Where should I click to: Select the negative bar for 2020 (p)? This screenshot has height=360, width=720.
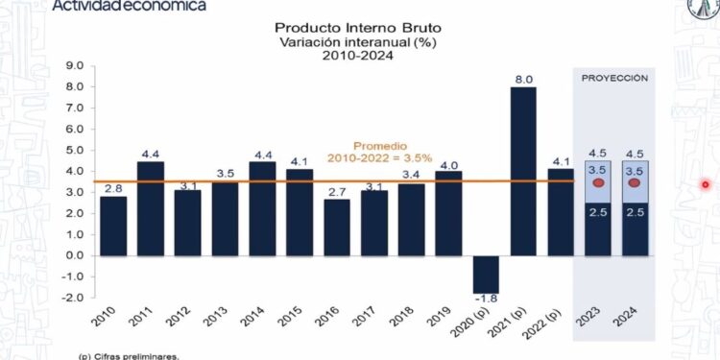pos(487,274)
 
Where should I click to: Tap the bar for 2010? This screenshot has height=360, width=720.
pos(113,226)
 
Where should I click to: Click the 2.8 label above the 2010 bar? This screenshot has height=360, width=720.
pos(113,187)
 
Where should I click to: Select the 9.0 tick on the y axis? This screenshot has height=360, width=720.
pos(74,65)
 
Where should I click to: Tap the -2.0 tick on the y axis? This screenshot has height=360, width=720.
pos(73,298)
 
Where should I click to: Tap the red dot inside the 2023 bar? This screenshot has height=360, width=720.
pos(598,183)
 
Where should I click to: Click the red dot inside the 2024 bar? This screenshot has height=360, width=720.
pos(636,183)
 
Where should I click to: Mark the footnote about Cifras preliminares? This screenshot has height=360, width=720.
pos(129,355)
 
